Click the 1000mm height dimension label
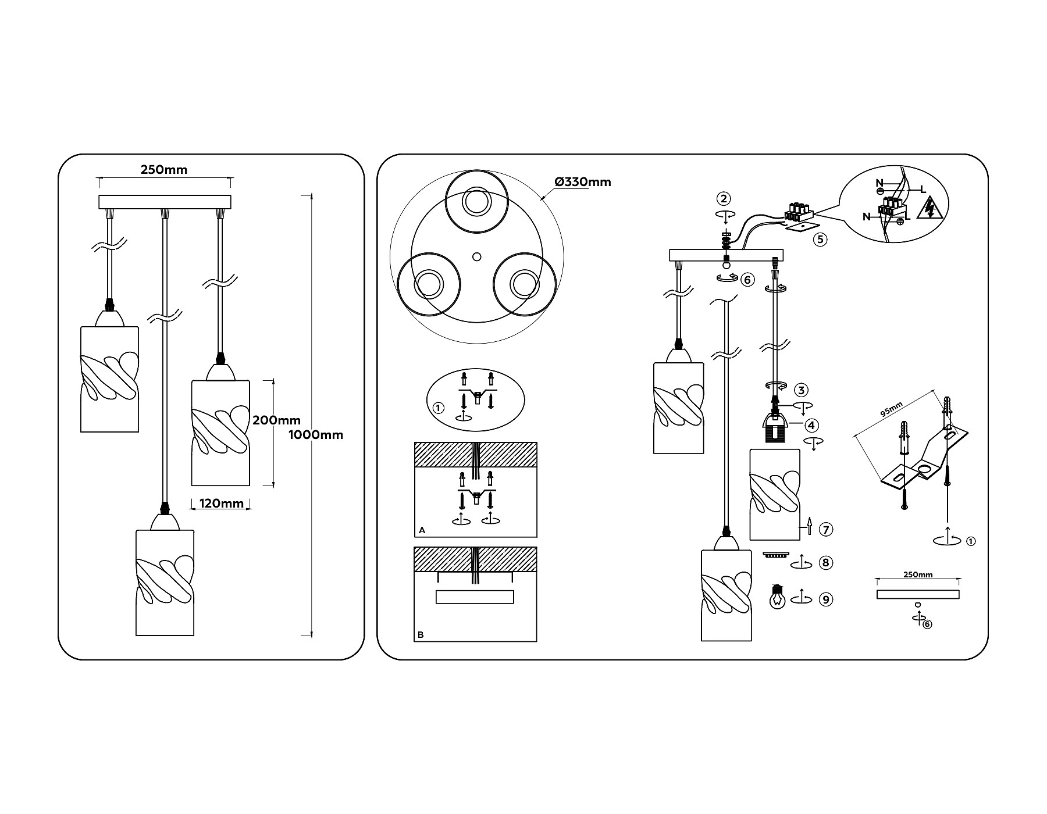point(316,435)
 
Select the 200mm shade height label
point(276,420)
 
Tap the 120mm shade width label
point(222,503)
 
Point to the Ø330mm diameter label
point(583,182)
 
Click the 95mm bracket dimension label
point(891,409)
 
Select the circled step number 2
point(724,199)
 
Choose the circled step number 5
point(820,239)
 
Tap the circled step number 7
point(826,530)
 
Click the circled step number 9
point(825,599)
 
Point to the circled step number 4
point(812,426)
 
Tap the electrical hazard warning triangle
point(929,208)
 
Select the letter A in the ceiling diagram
point(422,530)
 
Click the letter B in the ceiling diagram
point(421,635)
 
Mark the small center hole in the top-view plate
point(477,256)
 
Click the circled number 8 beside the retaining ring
point(825,563)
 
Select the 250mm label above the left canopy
point(164,170)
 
